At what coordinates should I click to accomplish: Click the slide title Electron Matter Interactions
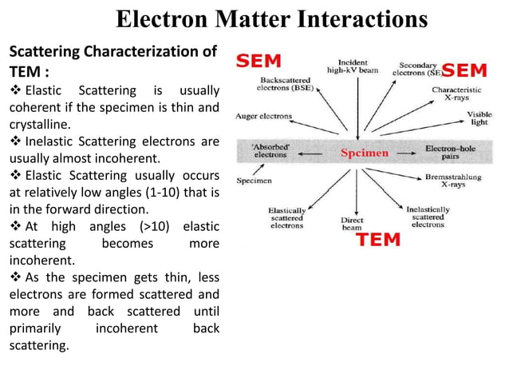tap(272, 18)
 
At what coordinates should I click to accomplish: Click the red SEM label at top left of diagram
tap(259, 61)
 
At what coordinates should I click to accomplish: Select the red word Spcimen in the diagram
tap(365, 153)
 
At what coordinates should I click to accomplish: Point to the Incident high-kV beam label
tap(353, 67)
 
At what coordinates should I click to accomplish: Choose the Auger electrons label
tap(264, 116)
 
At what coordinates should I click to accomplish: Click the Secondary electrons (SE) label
tap(417, 68)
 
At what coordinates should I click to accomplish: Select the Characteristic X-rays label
tap(456, 95)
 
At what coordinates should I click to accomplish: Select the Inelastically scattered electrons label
tap(428, 216)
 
